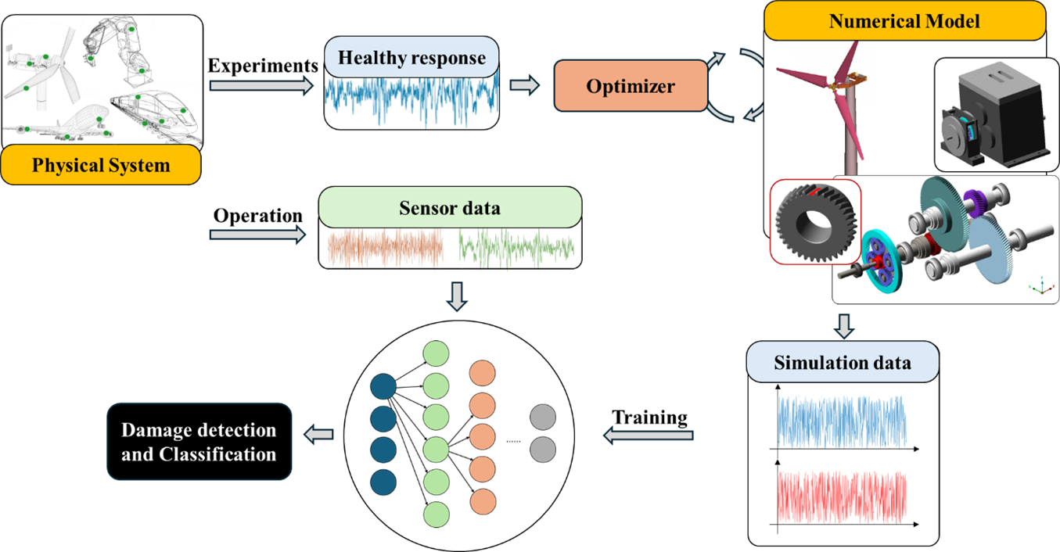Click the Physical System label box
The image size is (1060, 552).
[101, 166]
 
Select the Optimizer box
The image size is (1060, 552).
[631, 85]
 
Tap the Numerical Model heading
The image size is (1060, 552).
[904, 21]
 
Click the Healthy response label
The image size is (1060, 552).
[411, 59]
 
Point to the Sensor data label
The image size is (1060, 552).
[450, 209]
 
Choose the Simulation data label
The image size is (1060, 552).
[842, 364]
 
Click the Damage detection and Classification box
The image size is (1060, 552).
[199, 442]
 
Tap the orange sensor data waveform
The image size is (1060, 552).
[385, 249]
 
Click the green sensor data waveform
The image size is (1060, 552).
[516, 249]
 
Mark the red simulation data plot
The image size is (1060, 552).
[842, 497]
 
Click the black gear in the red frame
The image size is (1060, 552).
[814, 222]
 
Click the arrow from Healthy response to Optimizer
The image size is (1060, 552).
[524, 84]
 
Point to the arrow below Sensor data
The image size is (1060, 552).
[458, 296]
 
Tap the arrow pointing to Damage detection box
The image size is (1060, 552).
[322, 434]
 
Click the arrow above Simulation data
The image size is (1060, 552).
[843, 324]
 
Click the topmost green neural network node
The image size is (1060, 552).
[436, 353]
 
